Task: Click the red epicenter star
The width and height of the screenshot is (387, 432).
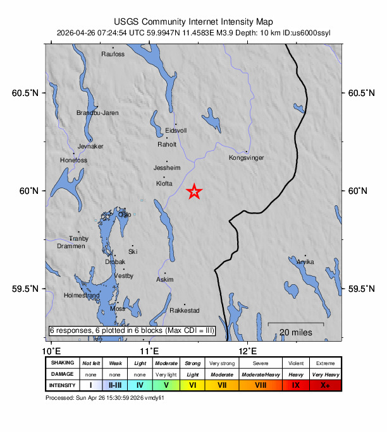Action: pos(195,191)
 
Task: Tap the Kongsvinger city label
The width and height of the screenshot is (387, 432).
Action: pos(246,158)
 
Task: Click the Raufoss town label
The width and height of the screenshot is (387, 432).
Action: pos(113,54)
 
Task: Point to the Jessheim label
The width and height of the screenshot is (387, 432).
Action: pos(167,168)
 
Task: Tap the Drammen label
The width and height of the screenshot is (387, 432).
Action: pos(71,246)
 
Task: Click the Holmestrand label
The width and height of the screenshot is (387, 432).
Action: pos(82,295)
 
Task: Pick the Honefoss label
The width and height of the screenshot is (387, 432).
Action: pos(73,160)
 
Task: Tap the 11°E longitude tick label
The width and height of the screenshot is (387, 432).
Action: pos(149,351)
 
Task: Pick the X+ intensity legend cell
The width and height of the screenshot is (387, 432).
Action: pos(325,385)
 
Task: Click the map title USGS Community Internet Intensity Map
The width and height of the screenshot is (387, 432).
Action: pos(193,21)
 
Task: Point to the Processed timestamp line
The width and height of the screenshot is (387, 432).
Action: pos(104,398)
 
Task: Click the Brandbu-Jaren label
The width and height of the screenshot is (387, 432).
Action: pos(97,113)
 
